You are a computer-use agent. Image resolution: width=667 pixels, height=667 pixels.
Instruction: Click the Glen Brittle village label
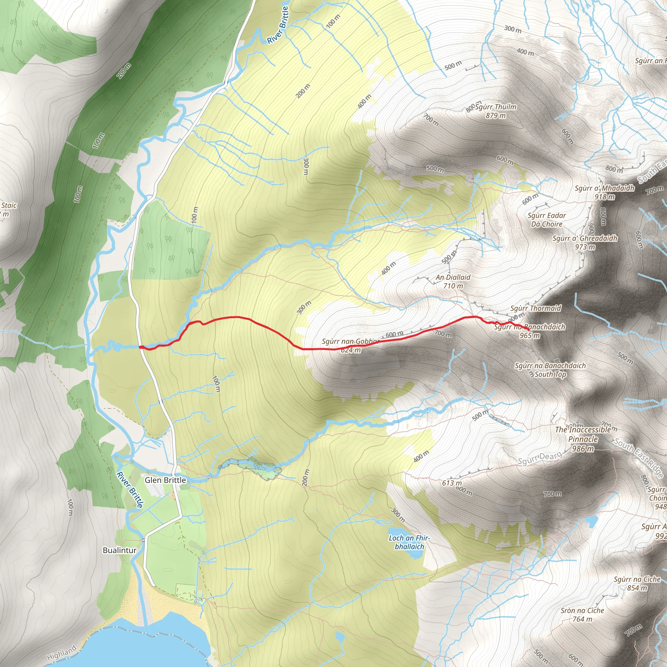pos(165,480)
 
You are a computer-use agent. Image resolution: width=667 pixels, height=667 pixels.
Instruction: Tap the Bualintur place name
pos(120,550)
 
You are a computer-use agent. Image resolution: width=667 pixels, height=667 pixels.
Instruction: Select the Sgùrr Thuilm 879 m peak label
pos(496,111)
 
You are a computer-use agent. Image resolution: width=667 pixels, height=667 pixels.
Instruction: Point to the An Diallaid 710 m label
pos(453,281)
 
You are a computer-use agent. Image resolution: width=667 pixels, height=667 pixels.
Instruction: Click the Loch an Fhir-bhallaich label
pos(409,542)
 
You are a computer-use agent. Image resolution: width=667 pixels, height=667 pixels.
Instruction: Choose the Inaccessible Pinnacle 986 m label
pos(583,439)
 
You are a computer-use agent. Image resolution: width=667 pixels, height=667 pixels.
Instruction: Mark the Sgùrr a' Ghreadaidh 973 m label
pos(585,242)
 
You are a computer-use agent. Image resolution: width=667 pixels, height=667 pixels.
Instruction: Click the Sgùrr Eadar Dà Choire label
pos(547,220)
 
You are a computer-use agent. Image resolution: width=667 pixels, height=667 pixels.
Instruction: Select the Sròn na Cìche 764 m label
pos(582,615)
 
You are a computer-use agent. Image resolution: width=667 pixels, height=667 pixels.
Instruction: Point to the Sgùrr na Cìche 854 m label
pos(637,583)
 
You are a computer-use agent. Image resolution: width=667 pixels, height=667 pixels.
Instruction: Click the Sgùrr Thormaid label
pos(536,308)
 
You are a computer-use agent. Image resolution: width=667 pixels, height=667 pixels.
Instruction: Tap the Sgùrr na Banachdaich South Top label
pos(550,370)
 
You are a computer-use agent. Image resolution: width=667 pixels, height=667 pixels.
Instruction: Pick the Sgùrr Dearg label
pos(540,458)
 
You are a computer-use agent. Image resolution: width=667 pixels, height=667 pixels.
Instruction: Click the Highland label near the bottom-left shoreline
pos(62,653)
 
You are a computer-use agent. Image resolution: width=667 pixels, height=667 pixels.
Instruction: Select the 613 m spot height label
pos(452,483)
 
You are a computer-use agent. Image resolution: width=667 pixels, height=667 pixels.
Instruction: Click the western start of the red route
pos(140,347)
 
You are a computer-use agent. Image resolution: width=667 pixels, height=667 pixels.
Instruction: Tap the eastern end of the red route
pos(529,331)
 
